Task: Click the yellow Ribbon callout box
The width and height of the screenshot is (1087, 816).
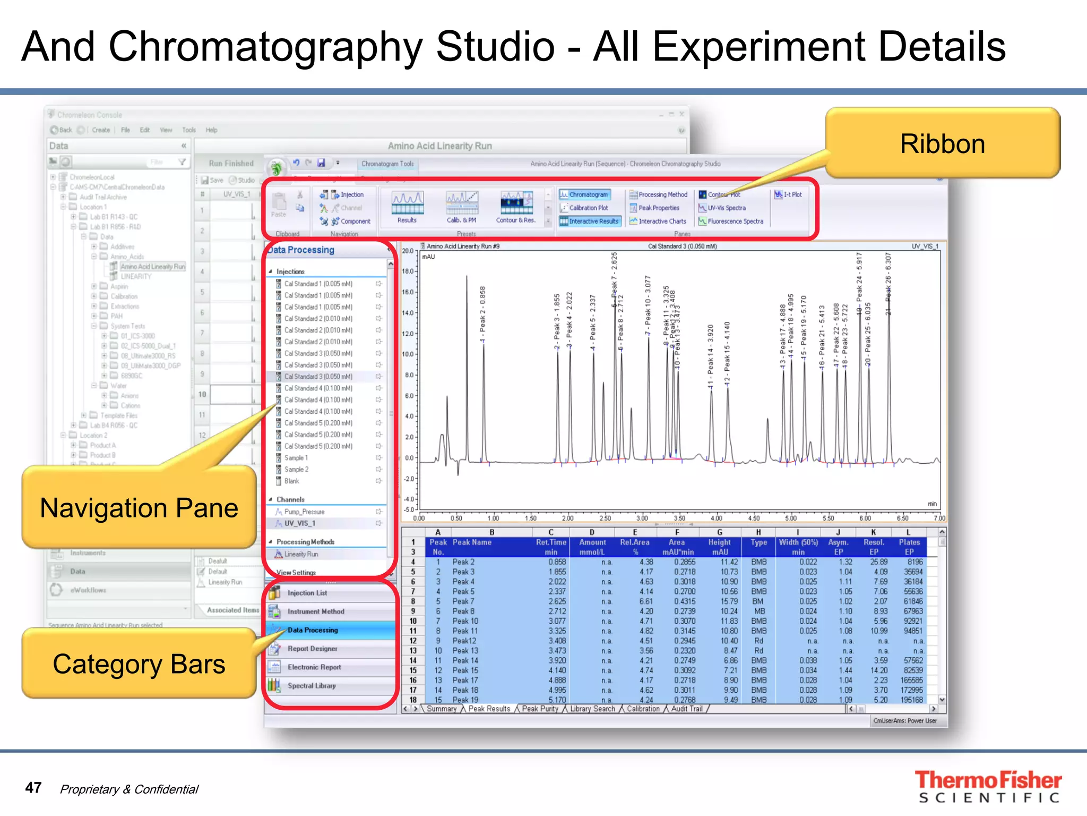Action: click(x=942, y=143)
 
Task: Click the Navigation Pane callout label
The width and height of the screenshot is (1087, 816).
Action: click(x=139, y=508)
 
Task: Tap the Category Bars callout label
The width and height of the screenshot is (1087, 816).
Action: click(x=139, y=664)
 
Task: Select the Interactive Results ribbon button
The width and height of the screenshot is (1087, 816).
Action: click(x=590, y=222)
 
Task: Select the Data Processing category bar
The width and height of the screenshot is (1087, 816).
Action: click(x=313, y=630)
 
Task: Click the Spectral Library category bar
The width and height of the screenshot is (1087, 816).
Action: click(x=312, y=686)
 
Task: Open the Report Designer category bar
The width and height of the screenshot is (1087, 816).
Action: click(x=313, y=649)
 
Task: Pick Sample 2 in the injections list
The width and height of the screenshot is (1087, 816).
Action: click(x=296, y=470)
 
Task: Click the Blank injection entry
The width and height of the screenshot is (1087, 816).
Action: click(x=291, y=481)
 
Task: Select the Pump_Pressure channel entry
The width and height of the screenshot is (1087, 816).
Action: click(x=304, y=512)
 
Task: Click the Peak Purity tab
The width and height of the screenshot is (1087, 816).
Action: click(x=540, y=709)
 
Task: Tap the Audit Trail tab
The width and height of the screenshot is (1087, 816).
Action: click(x=686, y=709)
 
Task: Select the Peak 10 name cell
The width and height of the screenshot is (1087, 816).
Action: click(x=465, y=621)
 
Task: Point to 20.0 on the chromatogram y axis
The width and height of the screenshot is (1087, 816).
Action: click(x=407, y=251)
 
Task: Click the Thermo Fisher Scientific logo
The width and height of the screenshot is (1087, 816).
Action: click(x=988, y=786)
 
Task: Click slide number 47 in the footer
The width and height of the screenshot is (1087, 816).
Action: click(x=33, y=788)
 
